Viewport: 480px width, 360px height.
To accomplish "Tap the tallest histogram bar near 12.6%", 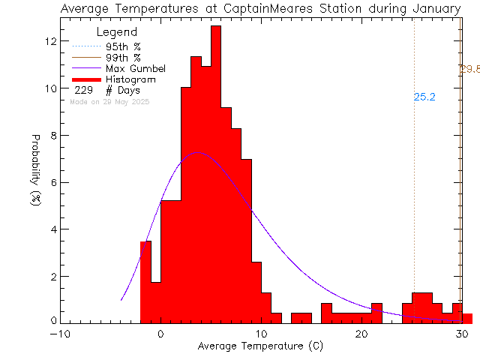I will pos(216,172).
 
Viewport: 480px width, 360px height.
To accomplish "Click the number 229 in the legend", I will pos(83,90).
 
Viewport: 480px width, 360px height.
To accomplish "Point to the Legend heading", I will pos(118,32).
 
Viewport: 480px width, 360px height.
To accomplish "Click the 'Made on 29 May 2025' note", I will pos(109,101).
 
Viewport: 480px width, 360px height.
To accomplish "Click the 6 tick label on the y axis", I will pos(52,182).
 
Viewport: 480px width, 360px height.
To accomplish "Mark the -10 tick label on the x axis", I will pos(59,334).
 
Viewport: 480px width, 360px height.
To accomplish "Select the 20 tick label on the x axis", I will pos(361,334).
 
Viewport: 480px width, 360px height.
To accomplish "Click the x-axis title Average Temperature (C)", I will pos(259,347).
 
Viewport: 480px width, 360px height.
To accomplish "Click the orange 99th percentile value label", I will pos(470,70).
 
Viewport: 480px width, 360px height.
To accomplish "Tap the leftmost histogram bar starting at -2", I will pos(145,281).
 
